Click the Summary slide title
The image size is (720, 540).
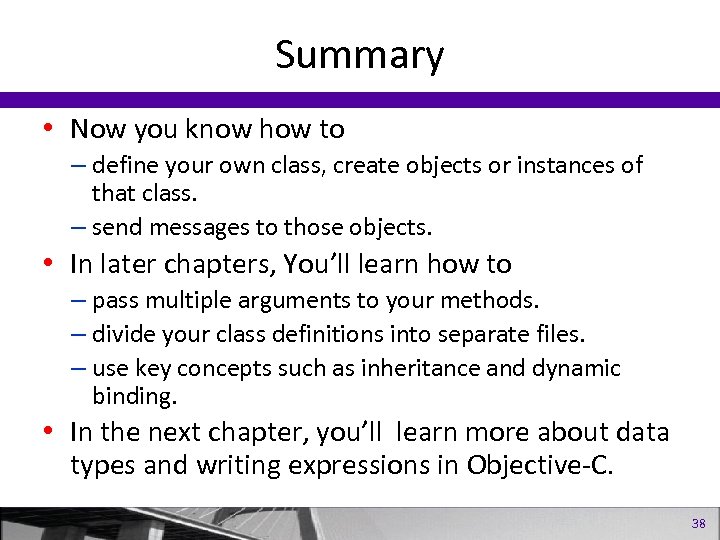pyautogui.click(x=359, y=55)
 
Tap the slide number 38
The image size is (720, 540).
pyautogui.click(x=698, y=523)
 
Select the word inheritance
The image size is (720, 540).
pyautogui.click(x=439, y=368)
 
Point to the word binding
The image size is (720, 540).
pyautogui.click(x=134, y=396)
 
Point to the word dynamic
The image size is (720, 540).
pyautogui.click(x=579, y=368)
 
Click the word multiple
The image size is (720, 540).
pyautogui.click(x=186, y=300)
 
